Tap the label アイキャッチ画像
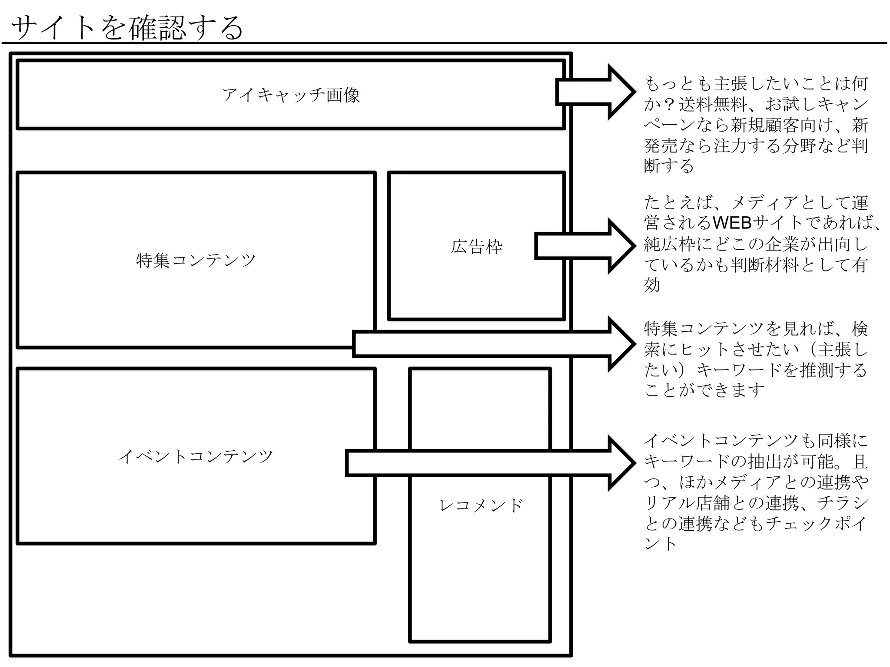(291, 95)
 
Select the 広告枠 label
(476, 247)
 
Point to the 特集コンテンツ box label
(196, 260)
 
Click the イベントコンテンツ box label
(196, 456)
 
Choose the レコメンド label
(481, 505)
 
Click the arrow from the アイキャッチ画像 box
(595, 92)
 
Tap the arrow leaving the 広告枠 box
(584, 246)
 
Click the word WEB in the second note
(732, 223)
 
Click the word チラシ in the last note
(843, 503)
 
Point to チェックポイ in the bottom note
(816, 524)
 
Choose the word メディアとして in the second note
(782, 203)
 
